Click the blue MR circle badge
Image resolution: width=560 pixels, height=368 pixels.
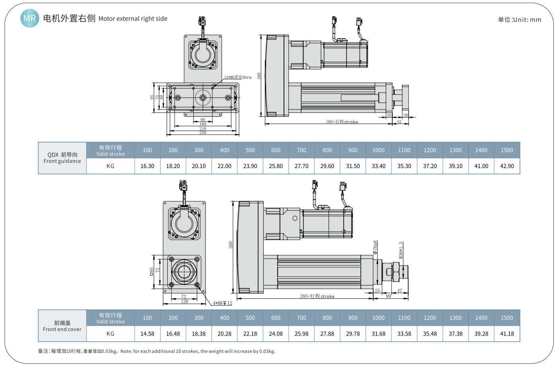pyautogui.click(x=29, y=18)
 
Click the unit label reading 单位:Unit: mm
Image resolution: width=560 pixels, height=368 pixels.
pyautogui.click(x=519, y=20)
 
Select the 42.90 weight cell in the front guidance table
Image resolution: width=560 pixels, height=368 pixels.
pyautogui.click(x=507, y=166)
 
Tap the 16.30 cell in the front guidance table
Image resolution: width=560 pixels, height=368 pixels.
pyautogui.click(x=147, y=166)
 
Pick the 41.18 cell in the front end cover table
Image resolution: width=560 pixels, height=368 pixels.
pyautogui.click(x=507, y=334)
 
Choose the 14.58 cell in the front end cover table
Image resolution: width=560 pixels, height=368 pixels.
pyautogui.click(x=147, y=334)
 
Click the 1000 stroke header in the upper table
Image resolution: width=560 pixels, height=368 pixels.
pyautogui.click(x=378, y=150)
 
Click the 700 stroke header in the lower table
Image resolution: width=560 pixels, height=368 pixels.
pyautogui.click(x=301, y=318)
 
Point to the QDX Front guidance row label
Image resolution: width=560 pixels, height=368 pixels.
pyautogui.click(x=62, y=158)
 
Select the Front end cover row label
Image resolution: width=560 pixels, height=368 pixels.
pyautogui.click(x=62, y=326)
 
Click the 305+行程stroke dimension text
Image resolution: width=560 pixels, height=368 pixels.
pyautogui.click(x=342, y=122)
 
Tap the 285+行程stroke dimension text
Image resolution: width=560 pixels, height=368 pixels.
pyautogui.click(x=317, y=296)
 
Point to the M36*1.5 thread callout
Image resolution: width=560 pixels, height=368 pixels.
pyautogui.click(x=401, y=250)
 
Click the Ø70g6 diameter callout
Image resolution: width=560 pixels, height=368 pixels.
pyautogui.click(x=375, y=247)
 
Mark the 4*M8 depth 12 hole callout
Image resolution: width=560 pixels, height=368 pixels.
pyautogui.click(x=222, y=303)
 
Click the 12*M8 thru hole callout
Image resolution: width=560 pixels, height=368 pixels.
pyautogui.click(x=238, y=77)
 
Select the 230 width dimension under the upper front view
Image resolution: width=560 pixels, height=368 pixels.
pyautogui.click(x=203, y=133)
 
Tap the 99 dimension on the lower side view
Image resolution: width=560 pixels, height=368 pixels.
pyautogui.click(x=388, y=296)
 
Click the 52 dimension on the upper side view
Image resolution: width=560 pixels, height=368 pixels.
pyautogui.click(x=399, y=122)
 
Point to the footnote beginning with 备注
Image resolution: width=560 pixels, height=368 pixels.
pyautogui.click(x=157, y=351)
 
